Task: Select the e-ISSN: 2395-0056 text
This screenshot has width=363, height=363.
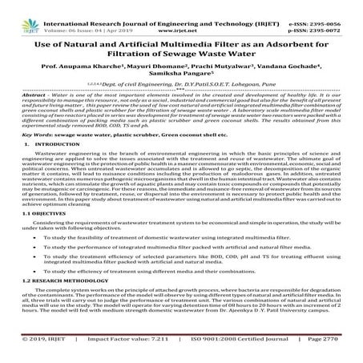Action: click(x=325, y=7)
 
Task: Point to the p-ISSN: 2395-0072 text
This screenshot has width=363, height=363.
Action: click(x=325, y=15)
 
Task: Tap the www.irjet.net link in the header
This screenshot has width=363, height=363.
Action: click(x=180, y=15)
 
